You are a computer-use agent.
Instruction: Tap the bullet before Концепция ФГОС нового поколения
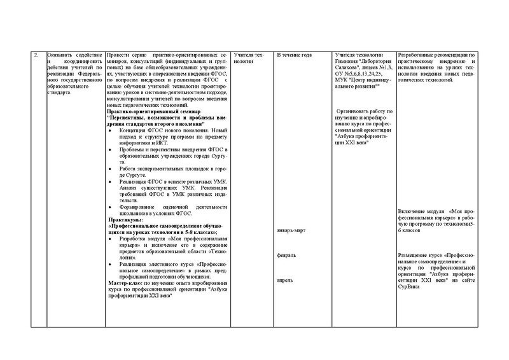point(111,130)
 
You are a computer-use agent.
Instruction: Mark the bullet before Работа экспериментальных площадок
point(111,168)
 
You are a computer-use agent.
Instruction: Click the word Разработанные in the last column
point(416,55)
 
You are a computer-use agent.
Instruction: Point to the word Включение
point(412,211)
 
